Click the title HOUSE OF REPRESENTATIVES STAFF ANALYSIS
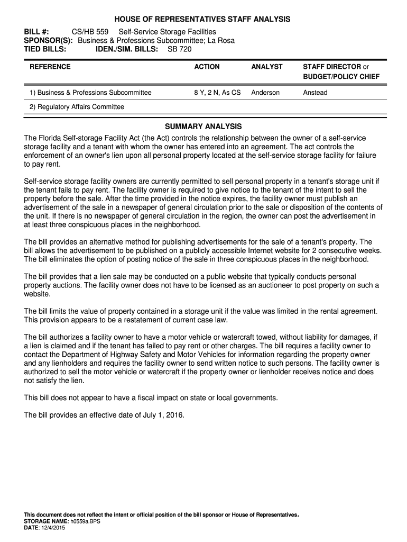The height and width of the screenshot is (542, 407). coord(203,19)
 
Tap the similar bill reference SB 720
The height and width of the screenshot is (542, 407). coord(180,49)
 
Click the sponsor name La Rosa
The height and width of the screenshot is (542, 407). coord(220,41)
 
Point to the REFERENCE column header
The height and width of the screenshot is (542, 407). coord(50,67)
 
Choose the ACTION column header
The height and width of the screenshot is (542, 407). coord(207,67)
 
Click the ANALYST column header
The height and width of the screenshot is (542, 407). coord(267,67)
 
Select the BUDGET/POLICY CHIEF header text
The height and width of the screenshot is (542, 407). coord(341,77)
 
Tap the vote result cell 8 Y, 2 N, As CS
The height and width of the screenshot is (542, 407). coord(217,93)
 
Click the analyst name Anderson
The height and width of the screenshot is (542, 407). coord(265,93)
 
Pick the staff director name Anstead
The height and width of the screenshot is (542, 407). coord(315,93)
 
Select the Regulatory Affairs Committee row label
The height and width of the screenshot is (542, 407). coord(77,107)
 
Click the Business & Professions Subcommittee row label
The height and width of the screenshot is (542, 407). coord(90,93)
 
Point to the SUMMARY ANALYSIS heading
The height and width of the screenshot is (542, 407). coord(203,127)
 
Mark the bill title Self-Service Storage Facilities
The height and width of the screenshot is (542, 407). coord(167,32)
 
